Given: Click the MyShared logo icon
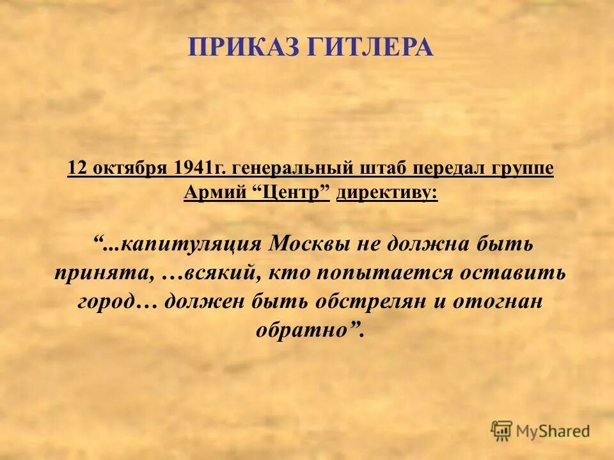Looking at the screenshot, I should pyautogui.click(x=502, y=431).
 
